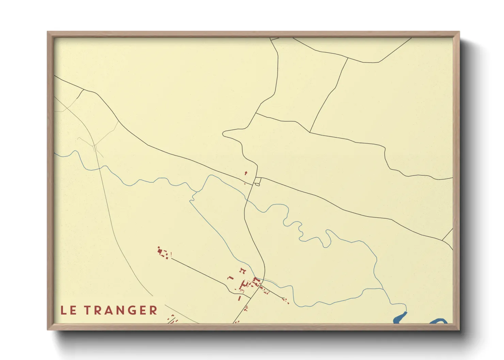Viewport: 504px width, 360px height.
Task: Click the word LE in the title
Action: pyautogui.click(x=68, y=310)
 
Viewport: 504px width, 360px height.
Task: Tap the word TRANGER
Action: pyautogui.click(x=121, y=310)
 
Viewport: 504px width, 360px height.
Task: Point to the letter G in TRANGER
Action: pyautogui.click(x=133, y=310)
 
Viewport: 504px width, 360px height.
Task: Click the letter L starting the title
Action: pyautogui.click(x=64, y=310)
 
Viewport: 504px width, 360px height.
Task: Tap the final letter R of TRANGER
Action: pyautogui.click(x=154, y=310)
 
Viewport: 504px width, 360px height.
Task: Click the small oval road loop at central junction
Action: pyautogui.click(x=257, y=184)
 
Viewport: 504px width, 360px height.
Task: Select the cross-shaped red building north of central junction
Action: pyautogui.click(x=246, y=173)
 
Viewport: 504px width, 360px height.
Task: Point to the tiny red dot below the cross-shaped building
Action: pyautogui.click(x=245, y=184)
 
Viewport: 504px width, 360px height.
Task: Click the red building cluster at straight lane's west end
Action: pyautogui.click(x=163, y=253)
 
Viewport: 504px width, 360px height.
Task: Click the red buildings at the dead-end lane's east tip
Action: pyautogui.click(x=286, y=300)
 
